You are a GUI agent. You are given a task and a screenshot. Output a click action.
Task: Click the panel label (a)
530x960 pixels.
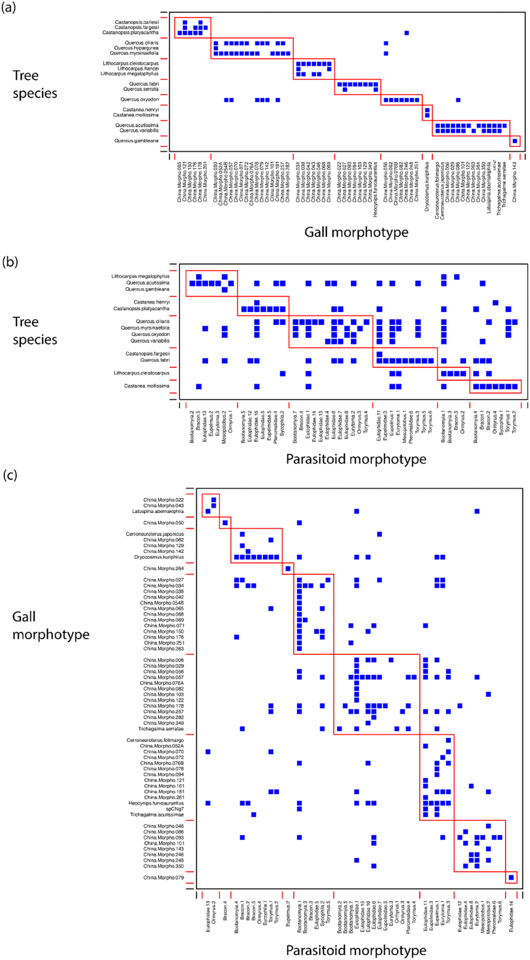pyautogui.click(x=9, y=8)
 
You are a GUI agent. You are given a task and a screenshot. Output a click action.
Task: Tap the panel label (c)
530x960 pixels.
pyautogui.click(x=10, y=475)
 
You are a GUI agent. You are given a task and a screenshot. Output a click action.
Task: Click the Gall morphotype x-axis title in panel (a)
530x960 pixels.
pyautogui.click(x=356, y=232)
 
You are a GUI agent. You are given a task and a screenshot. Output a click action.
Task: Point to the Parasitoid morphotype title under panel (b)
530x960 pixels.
pyautogui.click(x=356, y=459)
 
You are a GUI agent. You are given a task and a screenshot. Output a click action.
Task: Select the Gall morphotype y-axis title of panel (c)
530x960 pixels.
pyautogui.click(x=50, y=625)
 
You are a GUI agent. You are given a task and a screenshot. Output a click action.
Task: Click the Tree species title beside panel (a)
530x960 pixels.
pyautogui.click(x=35, y=84)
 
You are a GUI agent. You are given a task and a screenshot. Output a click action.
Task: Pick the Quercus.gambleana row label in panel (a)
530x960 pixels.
pyautogui.click(x=136, y=141)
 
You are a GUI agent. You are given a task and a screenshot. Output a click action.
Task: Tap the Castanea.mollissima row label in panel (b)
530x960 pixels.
pyautogui.click(x=147, y=386)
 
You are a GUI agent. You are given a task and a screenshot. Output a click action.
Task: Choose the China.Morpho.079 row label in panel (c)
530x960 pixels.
pyautogui.click(x=163, y=878)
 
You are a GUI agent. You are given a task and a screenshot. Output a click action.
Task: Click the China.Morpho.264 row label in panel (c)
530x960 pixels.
pyautogui.click(x=163, y=569)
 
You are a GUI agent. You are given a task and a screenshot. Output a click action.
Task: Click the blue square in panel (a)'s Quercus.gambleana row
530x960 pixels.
pyautogui.click(x=515, y=141)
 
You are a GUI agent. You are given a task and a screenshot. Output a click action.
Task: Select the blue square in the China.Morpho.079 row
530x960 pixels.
pyautogui.click(x=511, y=878)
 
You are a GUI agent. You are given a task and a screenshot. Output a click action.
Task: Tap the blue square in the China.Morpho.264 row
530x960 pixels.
pyautogui.click(x=288, y=569)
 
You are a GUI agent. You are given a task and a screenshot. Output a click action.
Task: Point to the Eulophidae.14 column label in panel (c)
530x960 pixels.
pyautogui.click(x=512, y=916)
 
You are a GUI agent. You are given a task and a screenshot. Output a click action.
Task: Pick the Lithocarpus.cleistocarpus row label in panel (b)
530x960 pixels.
pyautogui.click(x=141, y=373)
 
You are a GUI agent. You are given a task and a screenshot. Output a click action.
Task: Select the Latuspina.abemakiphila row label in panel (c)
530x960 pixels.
pyautogui.click(x=158, y=512)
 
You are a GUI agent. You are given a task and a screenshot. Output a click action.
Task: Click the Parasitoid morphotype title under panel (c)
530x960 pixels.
pyautogui.click(x=356, y=950)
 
